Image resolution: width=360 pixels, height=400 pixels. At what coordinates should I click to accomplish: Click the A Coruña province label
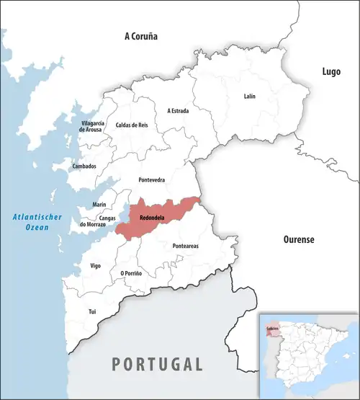click(140, 36)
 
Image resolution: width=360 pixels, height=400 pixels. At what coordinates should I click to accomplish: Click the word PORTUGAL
click(156, 363)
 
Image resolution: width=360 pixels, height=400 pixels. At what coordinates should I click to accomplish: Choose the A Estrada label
click(178, 110)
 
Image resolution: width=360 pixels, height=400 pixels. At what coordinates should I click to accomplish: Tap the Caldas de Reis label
click(132, 125)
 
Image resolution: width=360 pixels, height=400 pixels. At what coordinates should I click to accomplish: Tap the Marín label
click(99, 205)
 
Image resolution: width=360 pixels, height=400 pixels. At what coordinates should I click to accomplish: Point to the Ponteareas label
click(186, 246)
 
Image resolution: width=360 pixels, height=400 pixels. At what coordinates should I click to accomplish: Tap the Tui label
click(91, 311)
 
